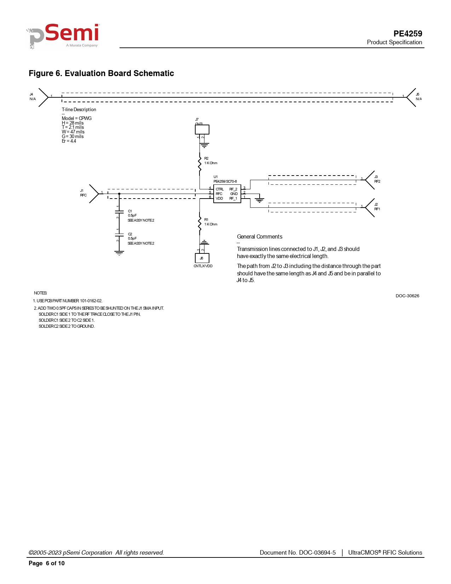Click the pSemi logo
(64, 36)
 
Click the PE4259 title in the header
(407, 34)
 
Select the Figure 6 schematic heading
(101, 73)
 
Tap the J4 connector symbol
(43, 97)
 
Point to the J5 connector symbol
(411, 97)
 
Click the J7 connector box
(202, 130)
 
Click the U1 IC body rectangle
(227, 194)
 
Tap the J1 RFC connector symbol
(94, 194)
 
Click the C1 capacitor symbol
(119, 212)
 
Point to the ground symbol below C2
(119, 253)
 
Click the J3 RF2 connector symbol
(370, 180)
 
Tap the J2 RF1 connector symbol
(370, 207)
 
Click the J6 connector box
(202, 258)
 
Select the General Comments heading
(260, 237)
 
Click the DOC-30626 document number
(407, 296)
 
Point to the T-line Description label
(79, 110)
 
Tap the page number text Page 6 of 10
(47, 563)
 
